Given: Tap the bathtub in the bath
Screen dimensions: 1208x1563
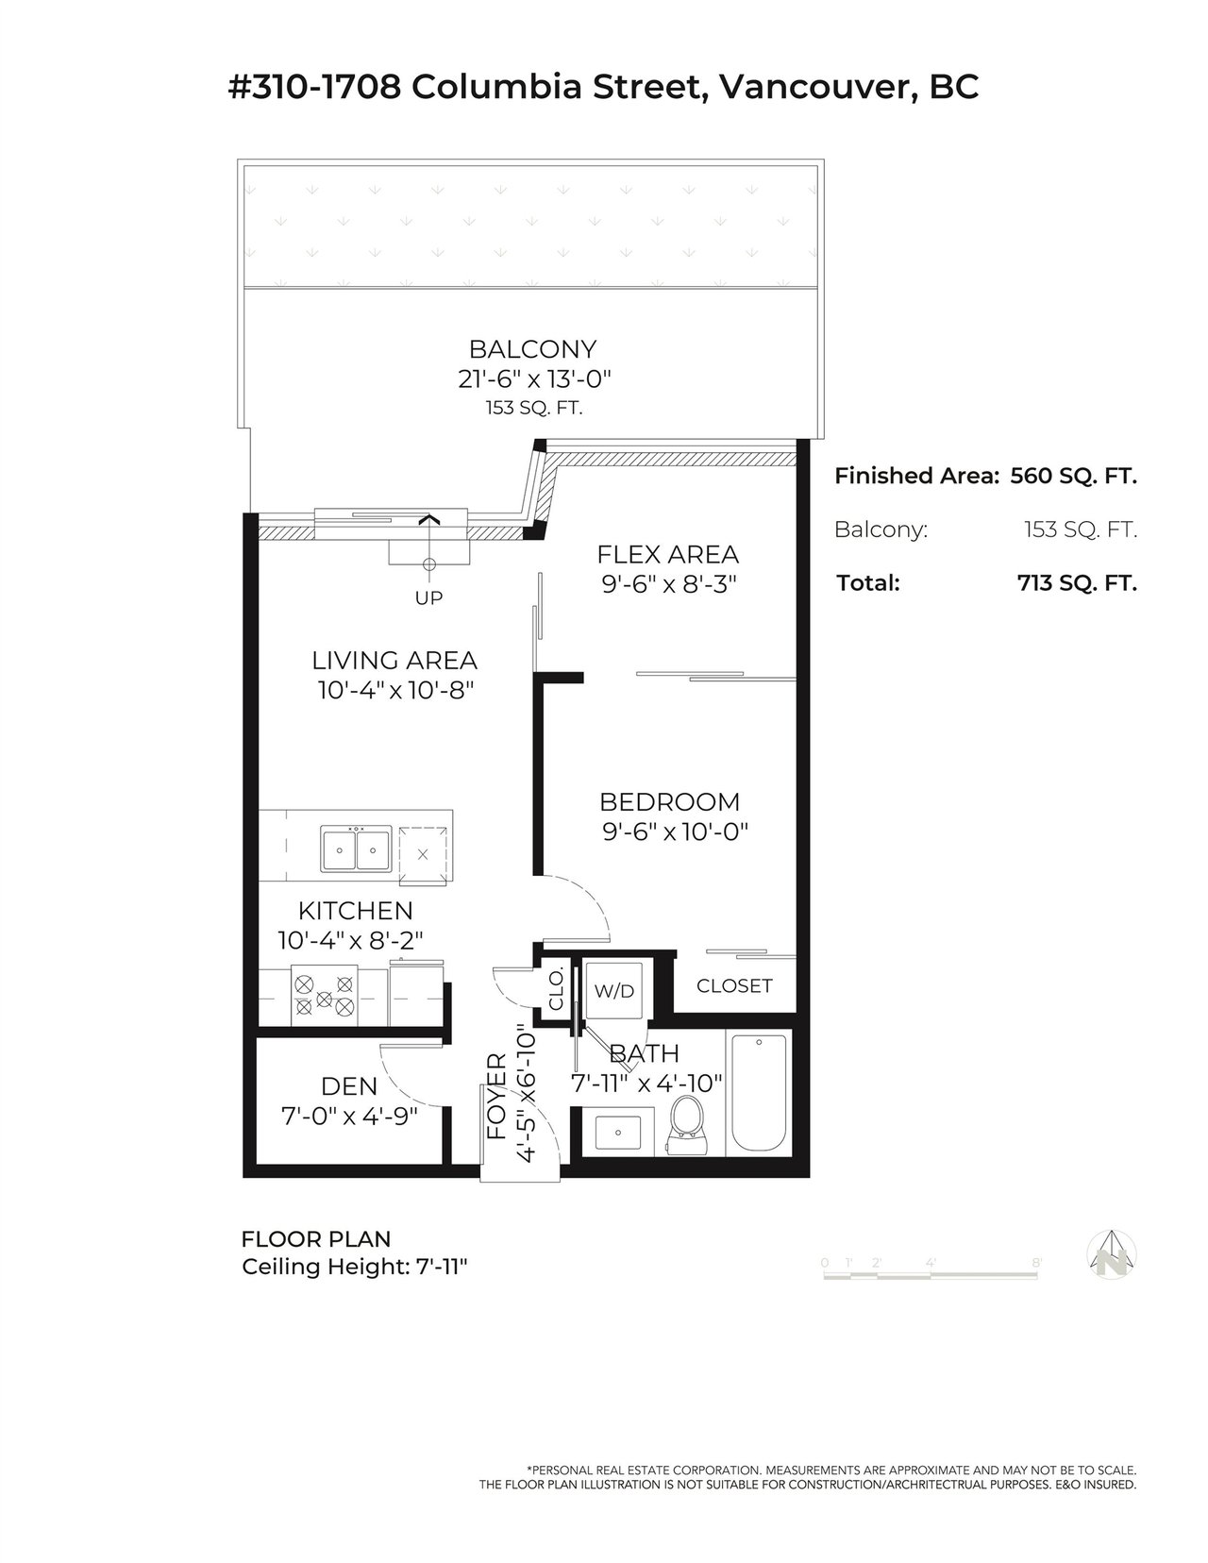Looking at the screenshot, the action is point(759,1093).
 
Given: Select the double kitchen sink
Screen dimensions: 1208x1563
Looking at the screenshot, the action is point(356,849).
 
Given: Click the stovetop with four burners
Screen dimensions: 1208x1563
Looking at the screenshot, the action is point(325,995).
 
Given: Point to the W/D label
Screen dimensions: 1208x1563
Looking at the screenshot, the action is point(614,990).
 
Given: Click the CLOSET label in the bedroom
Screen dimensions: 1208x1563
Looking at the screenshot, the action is point(734,985).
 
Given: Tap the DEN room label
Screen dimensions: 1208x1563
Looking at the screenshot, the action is point(349,1086).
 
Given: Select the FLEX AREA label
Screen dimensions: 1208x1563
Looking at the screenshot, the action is point(668,555).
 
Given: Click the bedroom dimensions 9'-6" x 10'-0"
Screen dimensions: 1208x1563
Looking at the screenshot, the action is point(675,832).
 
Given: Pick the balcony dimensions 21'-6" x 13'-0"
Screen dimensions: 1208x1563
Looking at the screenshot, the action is point(534,378).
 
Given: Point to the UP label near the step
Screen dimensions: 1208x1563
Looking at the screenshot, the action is point(428,597).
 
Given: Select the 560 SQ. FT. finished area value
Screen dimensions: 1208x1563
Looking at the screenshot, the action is point(1074,476).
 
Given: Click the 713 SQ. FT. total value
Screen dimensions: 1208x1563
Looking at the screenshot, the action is point(1077,582).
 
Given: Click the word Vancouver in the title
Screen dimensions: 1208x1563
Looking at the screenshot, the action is point(817,88).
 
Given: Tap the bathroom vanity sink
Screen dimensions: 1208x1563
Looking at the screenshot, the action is point(617,1133).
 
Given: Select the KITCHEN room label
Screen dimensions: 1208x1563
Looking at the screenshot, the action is point(355,911).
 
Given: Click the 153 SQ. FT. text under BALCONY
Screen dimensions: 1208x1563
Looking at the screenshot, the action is point(533,409).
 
